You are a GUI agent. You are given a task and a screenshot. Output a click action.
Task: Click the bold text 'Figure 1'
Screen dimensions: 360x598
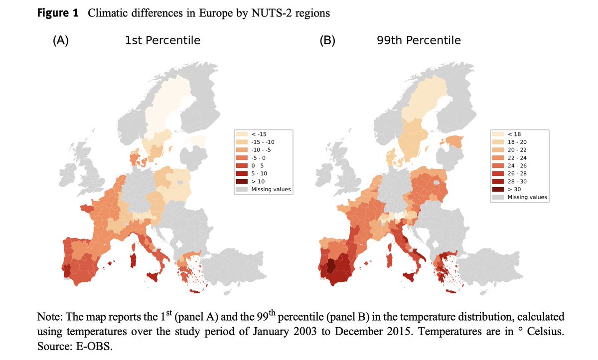pyautogui.click(x=58, y=13)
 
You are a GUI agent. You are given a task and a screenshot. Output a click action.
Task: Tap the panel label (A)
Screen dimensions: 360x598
pyautogui.click(x=60, y=40)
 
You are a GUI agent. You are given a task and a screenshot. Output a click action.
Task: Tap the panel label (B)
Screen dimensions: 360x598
pyautogui.click(x=327, y=40)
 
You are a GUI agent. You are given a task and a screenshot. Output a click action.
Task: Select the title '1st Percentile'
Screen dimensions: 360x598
pyautogui.click(x=162, y=40)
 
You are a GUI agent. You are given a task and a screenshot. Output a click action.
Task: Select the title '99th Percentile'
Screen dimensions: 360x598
pyautogui.click(x=419, y=40)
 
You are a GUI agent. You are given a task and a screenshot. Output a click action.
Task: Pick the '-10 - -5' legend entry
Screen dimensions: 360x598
pyautogui.click(x=262, y=149)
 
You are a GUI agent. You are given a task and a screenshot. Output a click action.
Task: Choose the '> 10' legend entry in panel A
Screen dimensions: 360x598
pyautogui.click(x=258, y=181)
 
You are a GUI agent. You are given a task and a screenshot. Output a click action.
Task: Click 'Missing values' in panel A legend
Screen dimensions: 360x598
pyautogui.click(x=271, y=189)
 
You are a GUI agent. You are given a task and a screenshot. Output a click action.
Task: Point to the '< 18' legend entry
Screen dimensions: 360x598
pyautogui.click(x=514, y=133)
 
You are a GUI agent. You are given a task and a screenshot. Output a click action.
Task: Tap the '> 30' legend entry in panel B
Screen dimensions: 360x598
pyautogui.click(x=514, y=189)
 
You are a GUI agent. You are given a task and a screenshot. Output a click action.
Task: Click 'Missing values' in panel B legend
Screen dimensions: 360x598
pyautogui.click(x=527, y=197)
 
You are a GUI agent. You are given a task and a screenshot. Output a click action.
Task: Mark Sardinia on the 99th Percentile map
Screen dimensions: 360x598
pyautogui.click(x=391, y=259)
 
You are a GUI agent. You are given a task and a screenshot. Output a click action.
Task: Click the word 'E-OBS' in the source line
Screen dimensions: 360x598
pyautogui.click(x=93, y=347)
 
